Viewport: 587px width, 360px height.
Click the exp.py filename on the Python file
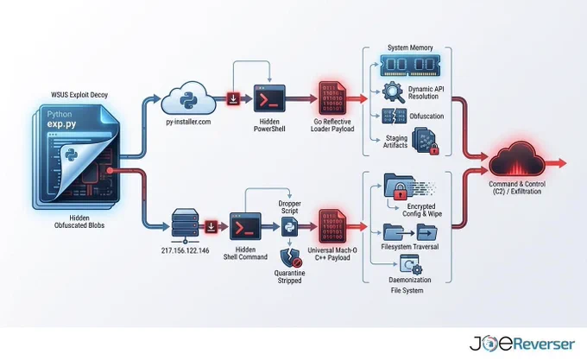(x=62, y=123)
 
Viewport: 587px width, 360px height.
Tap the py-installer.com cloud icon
(x=188, y=98)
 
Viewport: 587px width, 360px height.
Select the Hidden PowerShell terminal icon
(x=269, y=98)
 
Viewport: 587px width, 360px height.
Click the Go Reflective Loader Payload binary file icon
(x=332, y=98)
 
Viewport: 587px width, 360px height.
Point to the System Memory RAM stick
(x=410, y=65)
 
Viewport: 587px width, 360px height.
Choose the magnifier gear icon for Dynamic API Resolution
(x=394, y=92)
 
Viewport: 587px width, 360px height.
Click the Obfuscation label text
(x=426, y=116)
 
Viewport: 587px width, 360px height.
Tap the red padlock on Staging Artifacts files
(x=434, y=149)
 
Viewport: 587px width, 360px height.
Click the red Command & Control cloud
(x=517, y=159)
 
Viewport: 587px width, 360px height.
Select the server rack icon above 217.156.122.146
(x=185, y=223)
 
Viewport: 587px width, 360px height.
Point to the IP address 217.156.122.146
(x=185, y=250)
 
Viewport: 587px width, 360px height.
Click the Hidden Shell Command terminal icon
(x=245, y=226)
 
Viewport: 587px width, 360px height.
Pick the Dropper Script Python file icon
(x=289, y=227)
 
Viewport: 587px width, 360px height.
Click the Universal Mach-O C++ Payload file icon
(x=332, y=226)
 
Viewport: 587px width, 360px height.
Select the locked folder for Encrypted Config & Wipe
(x=399, y=186)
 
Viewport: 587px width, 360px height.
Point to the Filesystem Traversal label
(x=409, y=247)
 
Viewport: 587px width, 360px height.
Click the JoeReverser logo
(x=522, y=344)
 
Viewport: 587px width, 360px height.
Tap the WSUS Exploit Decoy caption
(x=79, y=95)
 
